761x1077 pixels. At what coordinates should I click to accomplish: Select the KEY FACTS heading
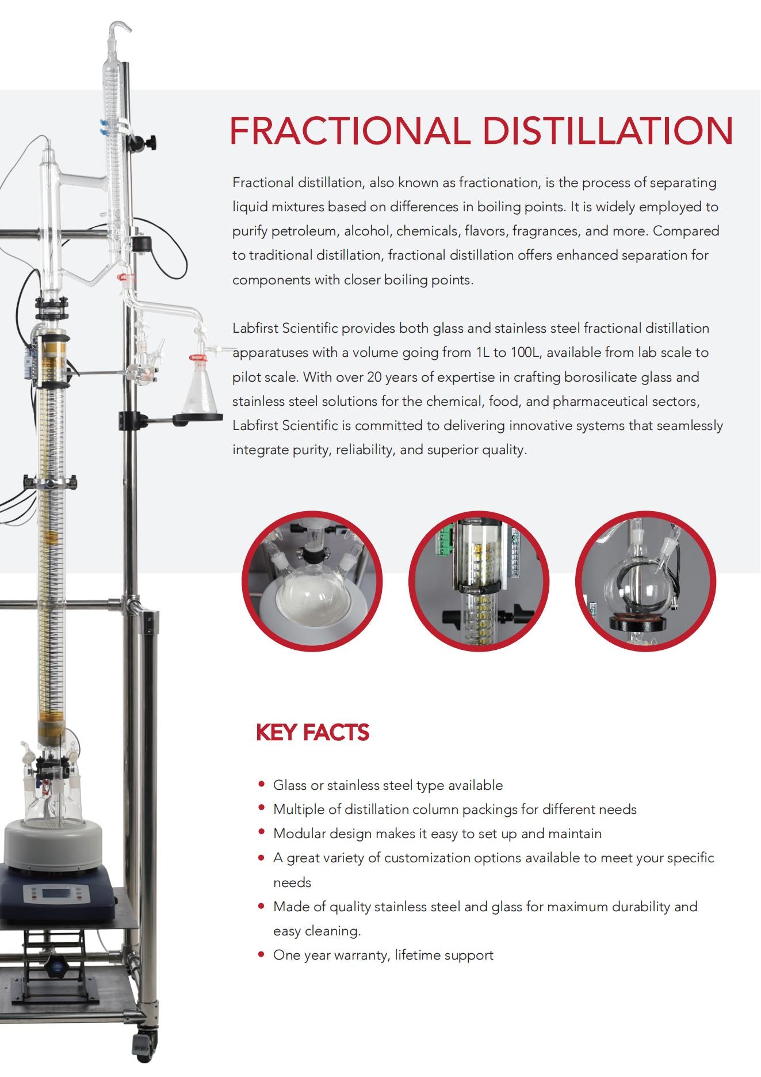[312, 732]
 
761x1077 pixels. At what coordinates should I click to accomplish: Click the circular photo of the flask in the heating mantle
[312, 581]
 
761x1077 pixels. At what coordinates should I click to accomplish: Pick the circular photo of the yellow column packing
[479, 581]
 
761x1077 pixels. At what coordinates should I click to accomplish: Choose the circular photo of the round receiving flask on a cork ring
[645, 581]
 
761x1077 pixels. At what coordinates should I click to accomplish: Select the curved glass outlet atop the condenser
[120, 27]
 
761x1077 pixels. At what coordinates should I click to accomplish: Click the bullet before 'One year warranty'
[262, 954]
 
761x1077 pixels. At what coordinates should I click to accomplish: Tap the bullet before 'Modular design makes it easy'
[262, 832]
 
